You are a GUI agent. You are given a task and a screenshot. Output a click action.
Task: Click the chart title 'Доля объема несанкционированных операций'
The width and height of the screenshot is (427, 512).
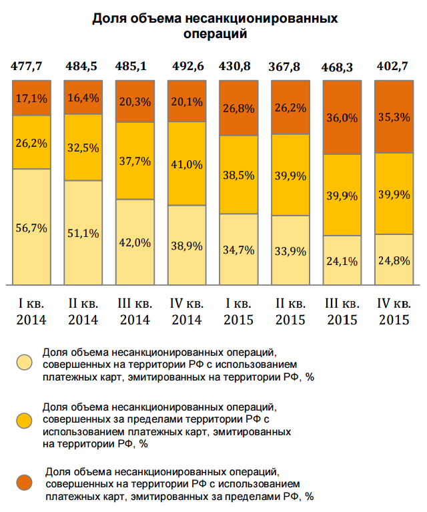point(215,25)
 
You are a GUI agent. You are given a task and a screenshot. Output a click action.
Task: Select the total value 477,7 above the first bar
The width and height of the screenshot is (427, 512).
point(31,66)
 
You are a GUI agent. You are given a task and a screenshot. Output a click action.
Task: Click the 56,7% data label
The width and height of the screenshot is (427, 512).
point(31,228)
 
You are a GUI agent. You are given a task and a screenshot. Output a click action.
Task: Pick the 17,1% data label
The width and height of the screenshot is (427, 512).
point(31,98)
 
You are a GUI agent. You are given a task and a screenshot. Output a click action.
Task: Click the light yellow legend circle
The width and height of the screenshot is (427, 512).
point(25,362)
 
